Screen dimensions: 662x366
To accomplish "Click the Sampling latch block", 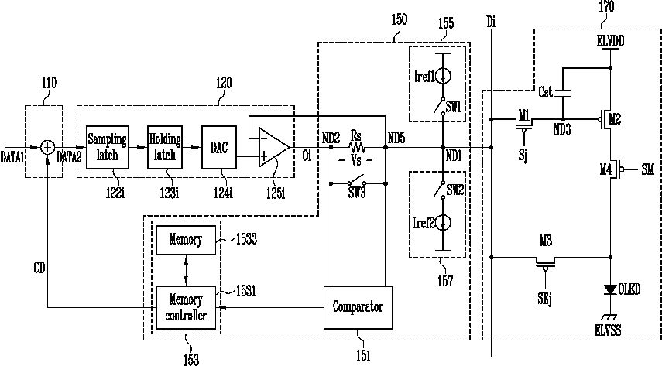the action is pyautogui.click(x=108, y=147).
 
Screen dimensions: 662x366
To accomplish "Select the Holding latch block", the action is pyautogui.click(x=165, y=147).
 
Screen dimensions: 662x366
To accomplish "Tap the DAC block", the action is pyautogui.click(x=219, y=147).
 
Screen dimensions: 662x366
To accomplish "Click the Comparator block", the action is pyautogui.click(x=358, y=307).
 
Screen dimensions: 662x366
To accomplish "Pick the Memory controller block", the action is pyautogui.click(x=186, y=307).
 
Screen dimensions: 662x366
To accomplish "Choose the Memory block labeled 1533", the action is pyautogui.click(x=186, y=240).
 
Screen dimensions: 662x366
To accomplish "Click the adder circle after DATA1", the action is pyautogui.click(x=48, y=147).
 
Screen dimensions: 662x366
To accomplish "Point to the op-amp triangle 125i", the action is pyautogui.click(x=274, y=147).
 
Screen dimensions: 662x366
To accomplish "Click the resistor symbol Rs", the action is pyautogui.click(x=357, y=147).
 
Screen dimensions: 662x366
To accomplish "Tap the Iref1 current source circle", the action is pyautogui.click(x=443, y=77).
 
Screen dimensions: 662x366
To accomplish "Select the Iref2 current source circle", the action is pyautogui.click(x=443, y=223).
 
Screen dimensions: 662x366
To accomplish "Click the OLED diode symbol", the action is pyautogui.click(x=610, y=289).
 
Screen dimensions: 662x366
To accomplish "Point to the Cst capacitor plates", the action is pyautogui.click(x=562, y=94).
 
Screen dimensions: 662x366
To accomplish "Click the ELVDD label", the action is pyautogui.click(x=610, y=41).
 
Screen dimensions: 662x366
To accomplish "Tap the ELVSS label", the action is pyautogui.click(x=608, y=330).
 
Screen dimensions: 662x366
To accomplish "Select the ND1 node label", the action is pyautogui.click(x=454, y=156).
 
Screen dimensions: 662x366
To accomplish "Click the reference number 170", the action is pyautogui.click(x=606, y=6).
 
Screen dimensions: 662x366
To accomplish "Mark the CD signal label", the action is pyautogui.click(x=39, y=268).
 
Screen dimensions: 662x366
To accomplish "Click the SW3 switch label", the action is pyautogui.click(x=357, y=193).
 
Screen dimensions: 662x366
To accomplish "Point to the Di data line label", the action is pyautogui.click(x=491, y=22).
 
